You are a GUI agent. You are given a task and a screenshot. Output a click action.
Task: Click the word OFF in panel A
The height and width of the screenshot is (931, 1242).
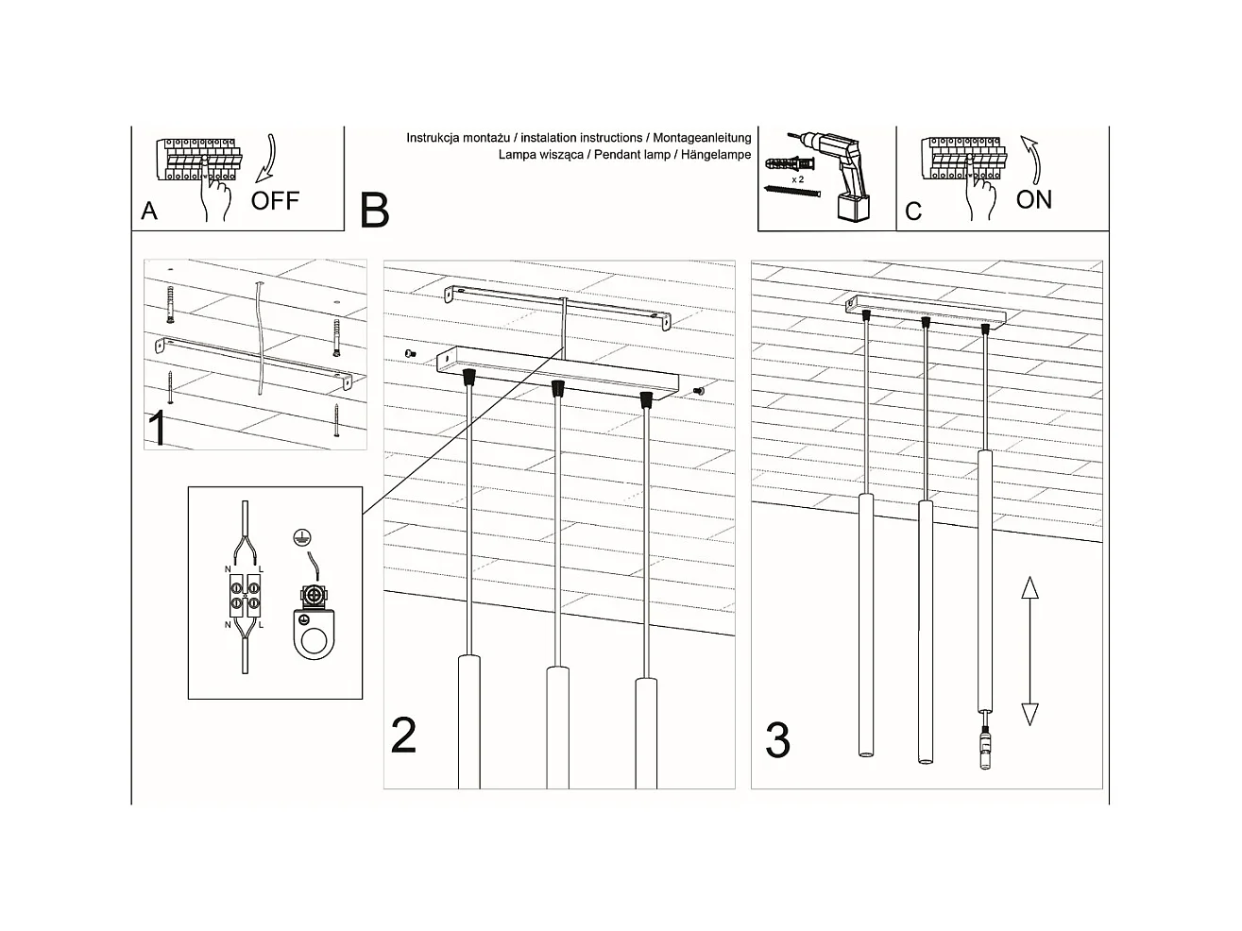tap(275, 200)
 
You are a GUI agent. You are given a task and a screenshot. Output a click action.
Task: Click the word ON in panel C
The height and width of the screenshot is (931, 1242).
tap(1034, 199)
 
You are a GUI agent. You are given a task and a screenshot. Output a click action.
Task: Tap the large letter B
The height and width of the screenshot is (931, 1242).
tap(374, 211)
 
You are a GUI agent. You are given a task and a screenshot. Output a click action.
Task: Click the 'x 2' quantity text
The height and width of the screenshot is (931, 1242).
tap(797, 178)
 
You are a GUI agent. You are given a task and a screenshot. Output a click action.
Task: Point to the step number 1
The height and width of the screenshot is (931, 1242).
tap(158, 428)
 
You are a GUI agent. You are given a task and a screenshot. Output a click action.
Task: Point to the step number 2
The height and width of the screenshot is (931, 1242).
tap(403, 736)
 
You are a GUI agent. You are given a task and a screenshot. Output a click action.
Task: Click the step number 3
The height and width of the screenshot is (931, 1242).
tap(777, 741)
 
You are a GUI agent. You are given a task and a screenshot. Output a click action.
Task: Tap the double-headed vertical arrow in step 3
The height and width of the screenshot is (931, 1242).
tap(1029, 652)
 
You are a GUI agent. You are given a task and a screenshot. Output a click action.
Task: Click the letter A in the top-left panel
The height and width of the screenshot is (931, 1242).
tap(149, 211)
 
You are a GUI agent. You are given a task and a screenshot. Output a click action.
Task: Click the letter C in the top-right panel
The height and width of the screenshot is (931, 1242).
tap(912, 211)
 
